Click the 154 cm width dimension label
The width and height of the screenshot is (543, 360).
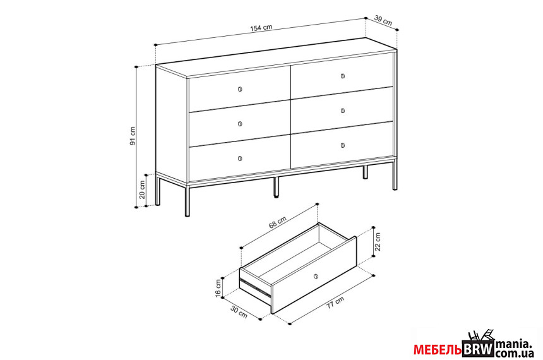click(x=261, y=28)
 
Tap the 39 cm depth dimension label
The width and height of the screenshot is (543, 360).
click(x=383, y=20)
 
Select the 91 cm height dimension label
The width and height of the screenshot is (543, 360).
click(x=133, y=136)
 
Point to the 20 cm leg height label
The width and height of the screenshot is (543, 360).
click(x=142, y=189)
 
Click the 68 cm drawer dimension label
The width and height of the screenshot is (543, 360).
click(x=277, y=222)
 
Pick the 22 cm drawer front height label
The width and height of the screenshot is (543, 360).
click(x=378, y=241)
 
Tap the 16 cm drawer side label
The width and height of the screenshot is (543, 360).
click(x=218, y=288)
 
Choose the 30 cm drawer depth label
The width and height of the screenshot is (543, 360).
click(x=239, y=312)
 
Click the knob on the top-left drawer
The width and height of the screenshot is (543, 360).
click(x=240, y=90)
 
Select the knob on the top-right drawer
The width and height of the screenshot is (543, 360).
click(x=342, y=76)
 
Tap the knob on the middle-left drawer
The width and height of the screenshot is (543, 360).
click(x=240, y=124)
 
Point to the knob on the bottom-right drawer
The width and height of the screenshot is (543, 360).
click(x=342, y=145)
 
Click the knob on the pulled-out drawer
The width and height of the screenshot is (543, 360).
click(x=316, y=276)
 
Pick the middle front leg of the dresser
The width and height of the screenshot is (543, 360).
click(x=276, y=188)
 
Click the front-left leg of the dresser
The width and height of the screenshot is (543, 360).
click(x=188, y=201)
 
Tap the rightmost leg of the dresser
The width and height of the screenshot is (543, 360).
click(x=395, y=176)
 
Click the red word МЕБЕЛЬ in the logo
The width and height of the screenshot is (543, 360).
click(x=438, y=350)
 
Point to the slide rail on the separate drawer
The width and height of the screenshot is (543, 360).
click(x=255, y=286)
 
